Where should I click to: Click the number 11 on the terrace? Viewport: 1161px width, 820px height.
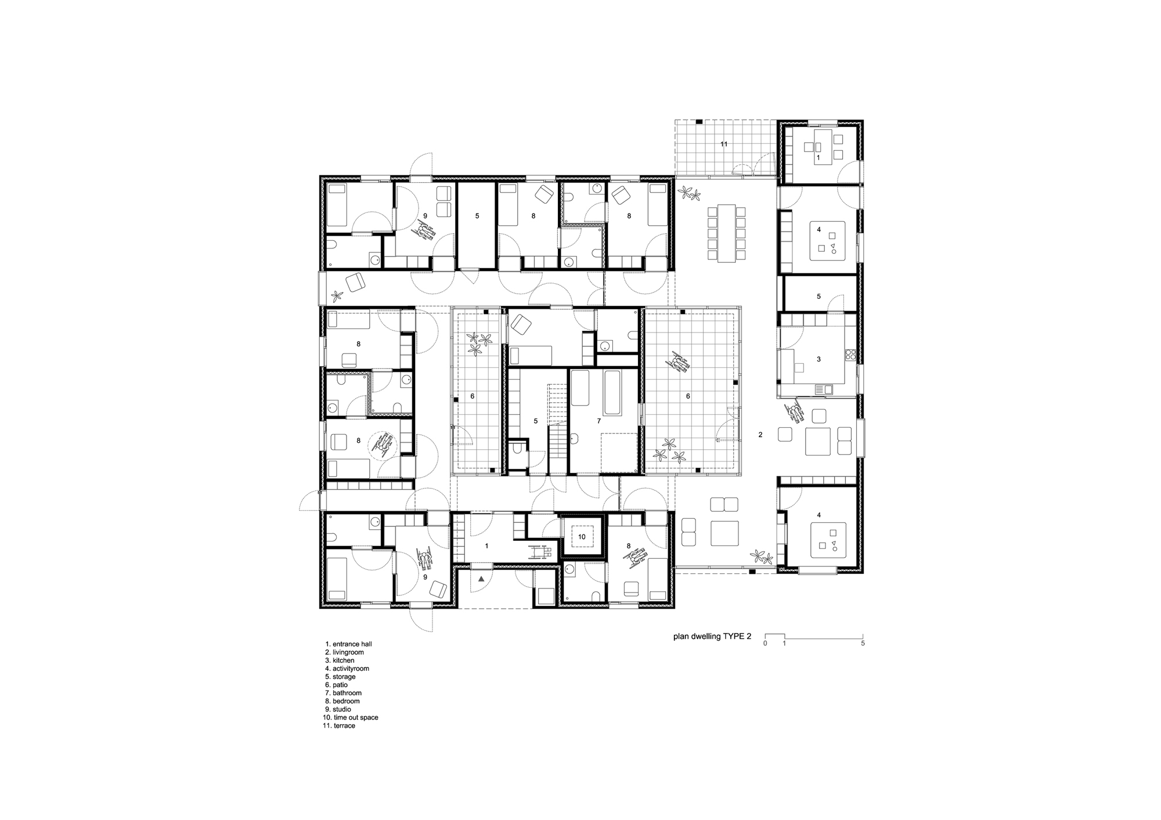pos(724,143)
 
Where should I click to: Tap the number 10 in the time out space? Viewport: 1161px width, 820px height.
pos(582,537)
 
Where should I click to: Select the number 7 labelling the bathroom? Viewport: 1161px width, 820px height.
pos(599,421)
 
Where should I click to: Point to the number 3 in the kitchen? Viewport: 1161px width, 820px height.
pos(819,359)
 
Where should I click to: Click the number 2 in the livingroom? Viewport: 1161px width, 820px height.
pos(760,434)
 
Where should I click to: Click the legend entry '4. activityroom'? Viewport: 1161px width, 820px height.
pos(347,669)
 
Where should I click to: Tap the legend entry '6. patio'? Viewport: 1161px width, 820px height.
pos(337,685)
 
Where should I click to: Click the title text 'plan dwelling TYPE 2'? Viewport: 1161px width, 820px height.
pos(712,636)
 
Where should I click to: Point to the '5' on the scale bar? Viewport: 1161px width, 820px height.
pos(863,644)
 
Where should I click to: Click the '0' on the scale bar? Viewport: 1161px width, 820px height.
pos(765,644)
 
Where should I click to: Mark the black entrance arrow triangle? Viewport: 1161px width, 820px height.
pos(481,579)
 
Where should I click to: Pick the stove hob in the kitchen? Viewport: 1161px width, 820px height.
pos(851,353)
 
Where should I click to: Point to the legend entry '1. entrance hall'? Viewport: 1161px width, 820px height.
pos(348,644)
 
